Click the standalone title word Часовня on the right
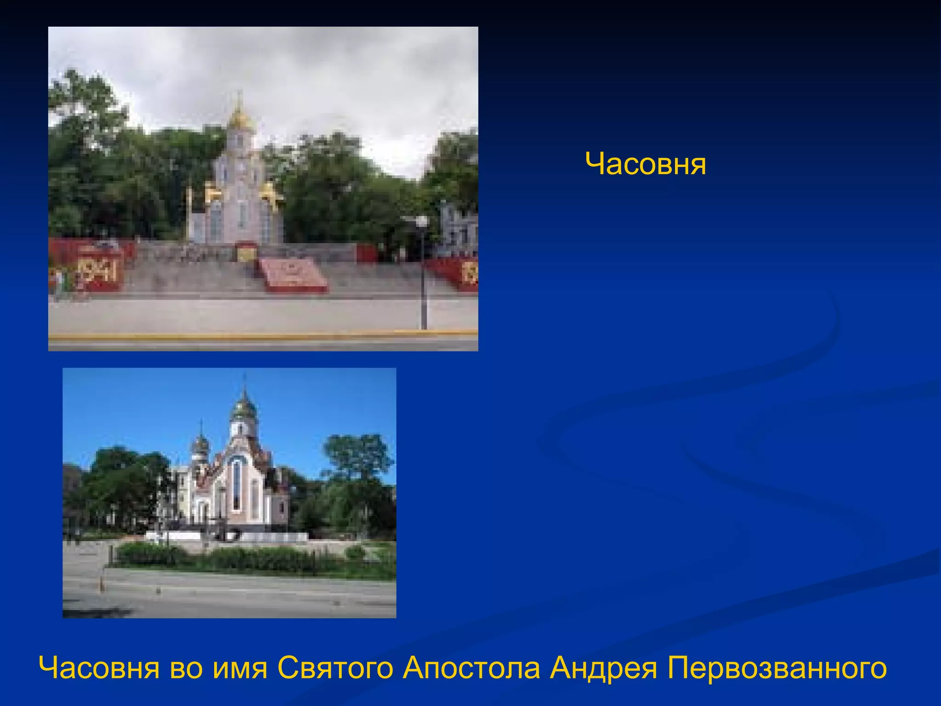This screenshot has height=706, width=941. coord(646,164)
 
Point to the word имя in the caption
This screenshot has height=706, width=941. coord(240,668)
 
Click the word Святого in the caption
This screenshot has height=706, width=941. coord(335,668)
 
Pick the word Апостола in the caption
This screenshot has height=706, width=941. coord(471,668)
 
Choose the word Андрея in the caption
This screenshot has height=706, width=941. coord(603,668)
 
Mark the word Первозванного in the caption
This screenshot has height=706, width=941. coord(777,668)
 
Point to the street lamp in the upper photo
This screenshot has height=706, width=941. coord(423,271)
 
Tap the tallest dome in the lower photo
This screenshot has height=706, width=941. coord(244,407)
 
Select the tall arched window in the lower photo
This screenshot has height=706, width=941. coord(236,485)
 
